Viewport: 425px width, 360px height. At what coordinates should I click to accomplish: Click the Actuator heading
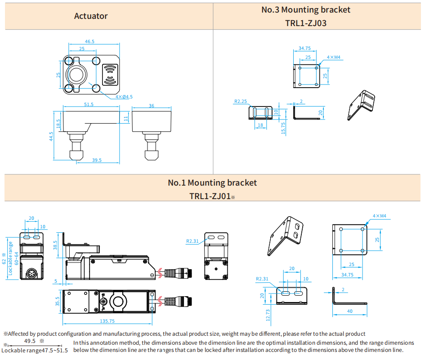pyautogui.click(x=91, y=16)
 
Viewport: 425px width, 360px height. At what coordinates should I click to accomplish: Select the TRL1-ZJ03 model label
pyautogui.click(x=305, y=23)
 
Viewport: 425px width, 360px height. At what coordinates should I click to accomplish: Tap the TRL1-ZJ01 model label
pyautogui.click(x=210, y=196)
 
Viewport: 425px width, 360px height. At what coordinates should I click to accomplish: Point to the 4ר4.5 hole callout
pyautogui.click(x=124, y=97)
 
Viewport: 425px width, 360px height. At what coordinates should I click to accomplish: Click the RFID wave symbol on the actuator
pyautogui.click(x=111, y=74)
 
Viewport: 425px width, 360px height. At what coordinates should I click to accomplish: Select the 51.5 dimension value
pyautogui.click(x=89, y=105)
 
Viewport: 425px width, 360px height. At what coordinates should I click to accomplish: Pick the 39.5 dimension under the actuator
pyautogui.click(x=96, y=160)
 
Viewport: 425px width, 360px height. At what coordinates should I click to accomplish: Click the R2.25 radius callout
pyautogui.click(x=240, y=102)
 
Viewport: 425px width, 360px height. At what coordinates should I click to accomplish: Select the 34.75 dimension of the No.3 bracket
pyautogui.click(x=304, y=48)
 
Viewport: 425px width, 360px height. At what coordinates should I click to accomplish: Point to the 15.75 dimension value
pyautogui.click(x=283, y=128)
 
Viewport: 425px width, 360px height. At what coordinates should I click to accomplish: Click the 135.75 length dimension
pyautogui.click(x=107, y=321)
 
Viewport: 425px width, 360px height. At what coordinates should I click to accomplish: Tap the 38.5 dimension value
pyautogui.click(x=56, y=245)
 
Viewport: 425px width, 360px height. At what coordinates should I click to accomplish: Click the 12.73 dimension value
pyautogui.click(x=268, y=315)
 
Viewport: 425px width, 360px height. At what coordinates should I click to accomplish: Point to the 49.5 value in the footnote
pyautogui.click(x=30, y=341)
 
